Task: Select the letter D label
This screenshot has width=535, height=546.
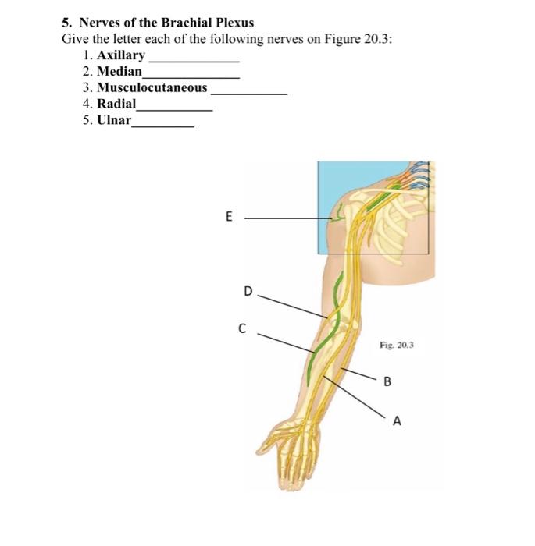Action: (x=248, y=292)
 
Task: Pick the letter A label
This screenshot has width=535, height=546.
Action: (x=397, y=422)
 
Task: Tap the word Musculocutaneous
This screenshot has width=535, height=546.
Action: (x=152, y=88)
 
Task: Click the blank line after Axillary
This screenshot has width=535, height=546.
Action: (x=194, y=60)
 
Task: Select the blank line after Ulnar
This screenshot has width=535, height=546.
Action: (x=163, y=125)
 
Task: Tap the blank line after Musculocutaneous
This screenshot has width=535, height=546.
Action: (x=250, y=93)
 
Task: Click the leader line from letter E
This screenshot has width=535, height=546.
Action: (x=281, y=219)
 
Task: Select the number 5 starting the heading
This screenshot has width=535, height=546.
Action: (x=67, y=23)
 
